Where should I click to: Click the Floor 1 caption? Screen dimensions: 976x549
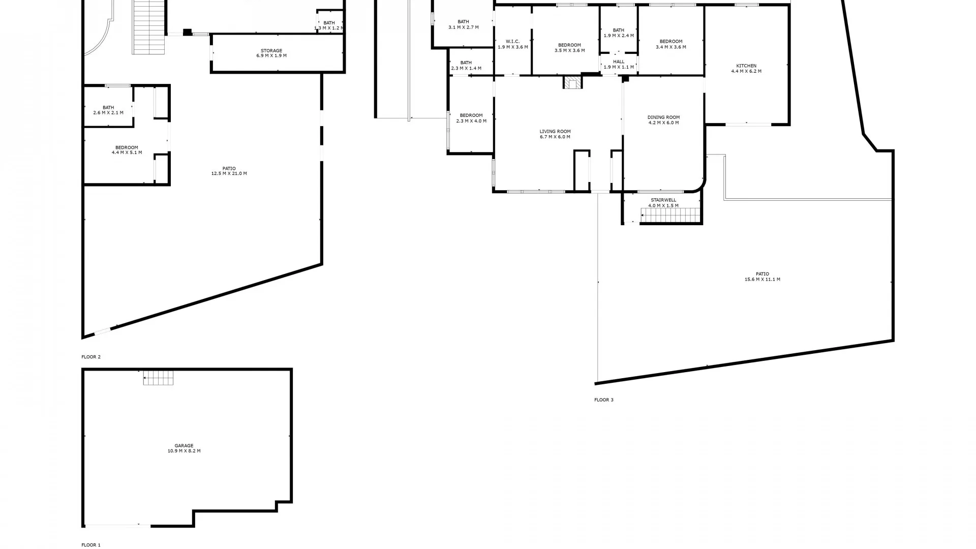pyautogui.click(x=91, y=545)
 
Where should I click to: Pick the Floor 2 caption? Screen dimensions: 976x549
pyautogui.click(x=91, y=357)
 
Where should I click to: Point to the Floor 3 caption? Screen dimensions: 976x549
pyautogui.click(x=604, y=400)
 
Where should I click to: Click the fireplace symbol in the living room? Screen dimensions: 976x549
pyautogui.click(x=573, y=83)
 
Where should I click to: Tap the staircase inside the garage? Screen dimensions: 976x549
pyautogui.click(x=158, y=378)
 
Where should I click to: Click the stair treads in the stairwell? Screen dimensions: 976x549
pyautogui.click(x=670, y=216)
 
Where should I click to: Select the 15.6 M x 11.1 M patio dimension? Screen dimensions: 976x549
pyautogui.click(x=762, y=279)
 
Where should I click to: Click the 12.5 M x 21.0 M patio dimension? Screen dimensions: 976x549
pyautogui.click(x=229, y=173)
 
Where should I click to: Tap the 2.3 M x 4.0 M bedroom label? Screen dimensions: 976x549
pyautogui.click(x=471, y=121)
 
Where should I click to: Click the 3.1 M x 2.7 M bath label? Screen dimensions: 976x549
pyautogui.click(x=463, y=27)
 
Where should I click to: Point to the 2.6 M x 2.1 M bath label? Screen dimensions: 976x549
pyautogui.click(x=108, y=113)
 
